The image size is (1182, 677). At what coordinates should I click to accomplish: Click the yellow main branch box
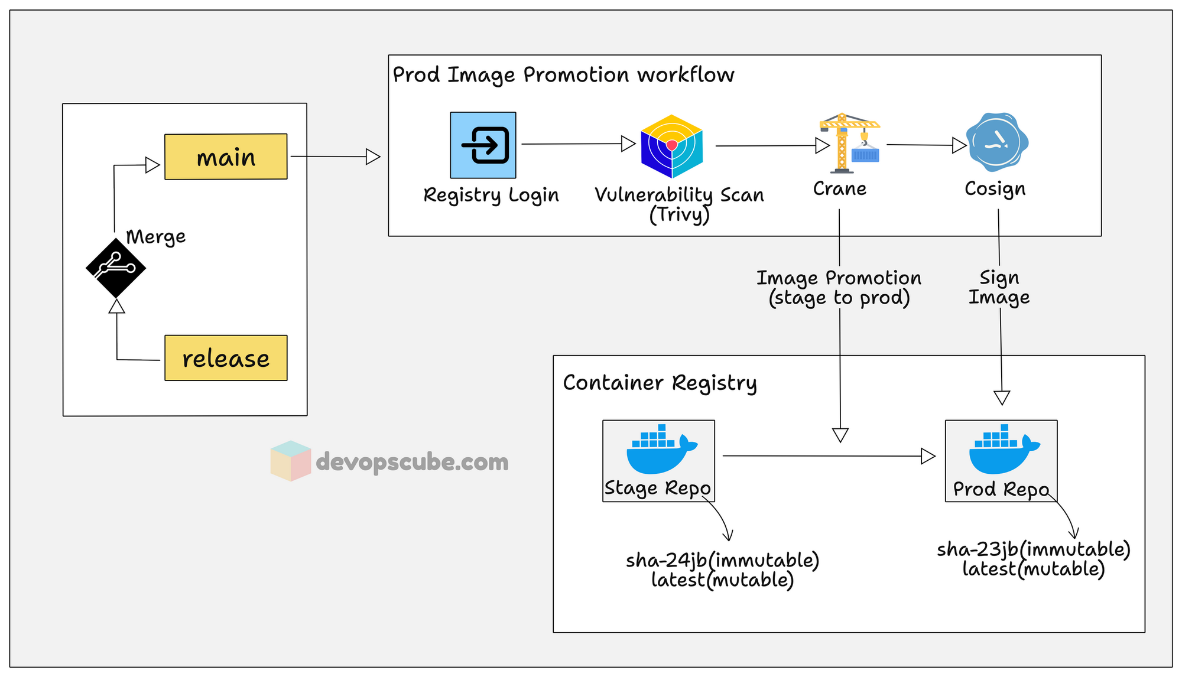226,157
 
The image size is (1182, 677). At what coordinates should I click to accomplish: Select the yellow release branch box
226,358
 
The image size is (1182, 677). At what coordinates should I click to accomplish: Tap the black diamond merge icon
116,268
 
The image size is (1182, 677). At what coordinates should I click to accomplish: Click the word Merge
156,237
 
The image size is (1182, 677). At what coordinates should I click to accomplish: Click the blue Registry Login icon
483,145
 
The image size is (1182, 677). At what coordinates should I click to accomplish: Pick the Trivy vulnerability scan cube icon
672,146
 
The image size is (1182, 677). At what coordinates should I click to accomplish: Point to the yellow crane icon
849,144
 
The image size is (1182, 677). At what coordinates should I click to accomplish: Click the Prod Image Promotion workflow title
563,75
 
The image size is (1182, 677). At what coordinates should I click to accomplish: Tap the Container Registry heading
660,383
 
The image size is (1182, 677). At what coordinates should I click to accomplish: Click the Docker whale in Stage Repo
660,450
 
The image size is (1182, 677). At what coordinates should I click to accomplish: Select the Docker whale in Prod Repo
1003,450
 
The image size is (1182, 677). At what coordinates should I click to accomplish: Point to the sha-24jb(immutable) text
722,559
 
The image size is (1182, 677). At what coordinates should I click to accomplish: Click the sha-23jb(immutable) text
1033,549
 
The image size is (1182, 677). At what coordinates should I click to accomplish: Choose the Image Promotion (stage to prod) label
839,288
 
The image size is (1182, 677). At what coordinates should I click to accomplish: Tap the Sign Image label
999,287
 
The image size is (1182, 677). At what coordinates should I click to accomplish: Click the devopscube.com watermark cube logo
290,461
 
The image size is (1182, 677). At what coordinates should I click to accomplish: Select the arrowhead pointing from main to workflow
373,157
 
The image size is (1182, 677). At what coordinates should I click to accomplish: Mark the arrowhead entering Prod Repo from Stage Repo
928,456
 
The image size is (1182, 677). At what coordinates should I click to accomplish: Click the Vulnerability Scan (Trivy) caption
679,204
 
